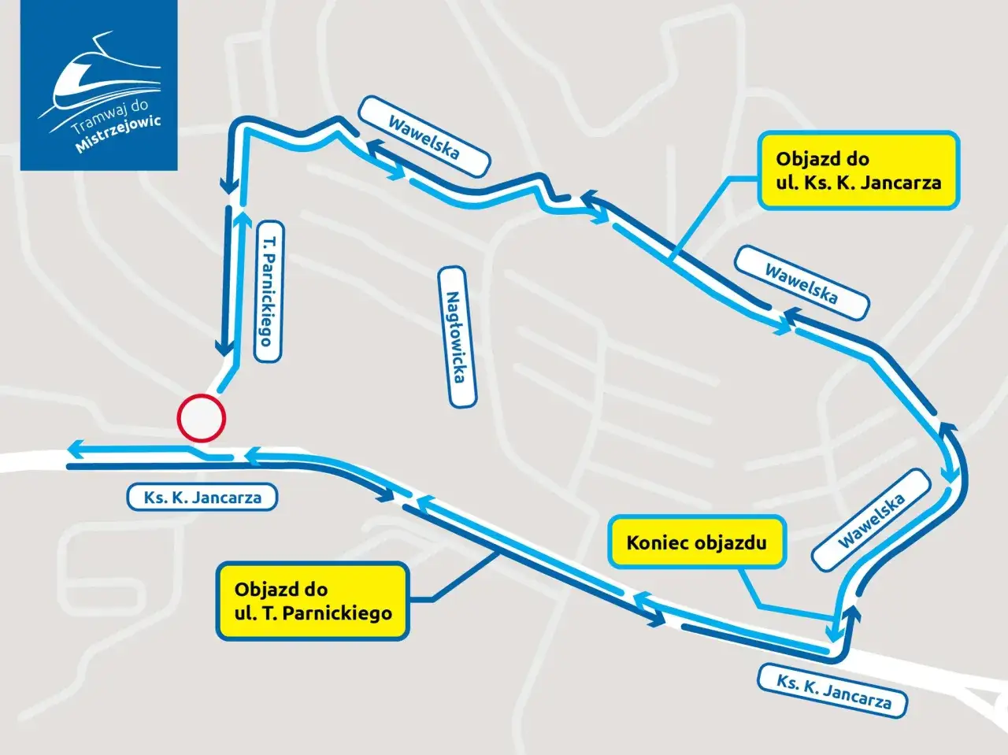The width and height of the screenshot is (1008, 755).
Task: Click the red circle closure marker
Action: [x=201, y=416]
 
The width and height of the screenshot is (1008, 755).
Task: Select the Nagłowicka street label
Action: [x=458, y=336]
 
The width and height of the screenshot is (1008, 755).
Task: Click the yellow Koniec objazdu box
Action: [x=696, y=542]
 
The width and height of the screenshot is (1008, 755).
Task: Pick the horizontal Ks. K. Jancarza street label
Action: [x=203, y=498]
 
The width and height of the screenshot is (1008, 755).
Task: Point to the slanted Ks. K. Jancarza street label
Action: [x=834, y=689]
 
